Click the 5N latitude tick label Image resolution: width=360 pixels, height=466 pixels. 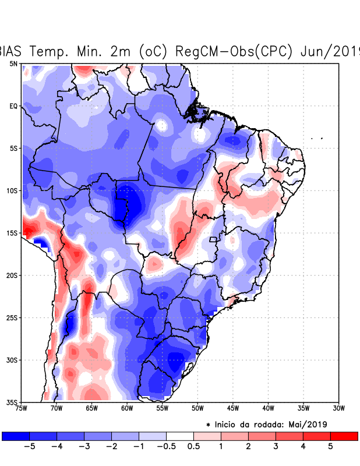point(13,63)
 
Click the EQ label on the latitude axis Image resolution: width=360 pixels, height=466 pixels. point(13,106)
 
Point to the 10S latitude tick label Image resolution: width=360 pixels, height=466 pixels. point(12,190)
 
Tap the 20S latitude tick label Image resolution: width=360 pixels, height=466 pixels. point(12,275)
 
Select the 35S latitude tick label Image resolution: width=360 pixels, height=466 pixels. point(12,402)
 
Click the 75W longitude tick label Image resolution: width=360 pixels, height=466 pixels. point(22,408)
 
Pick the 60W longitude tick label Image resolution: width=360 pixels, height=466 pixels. point(127,408)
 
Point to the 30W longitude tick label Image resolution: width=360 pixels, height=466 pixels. point(338,408)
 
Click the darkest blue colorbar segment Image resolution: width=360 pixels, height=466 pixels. point(16,436)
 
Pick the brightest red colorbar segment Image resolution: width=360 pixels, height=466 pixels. point(344,436)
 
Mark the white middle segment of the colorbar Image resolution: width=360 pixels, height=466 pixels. point(180,436)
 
